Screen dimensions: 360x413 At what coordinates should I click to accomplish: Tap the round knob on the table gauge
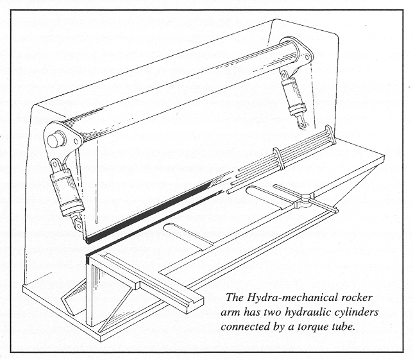pyautogui.click(x=306, y=196)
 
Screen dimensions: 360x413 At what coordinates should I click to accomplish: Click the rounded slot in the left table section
pyautogui.click(x=186, y=234)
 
